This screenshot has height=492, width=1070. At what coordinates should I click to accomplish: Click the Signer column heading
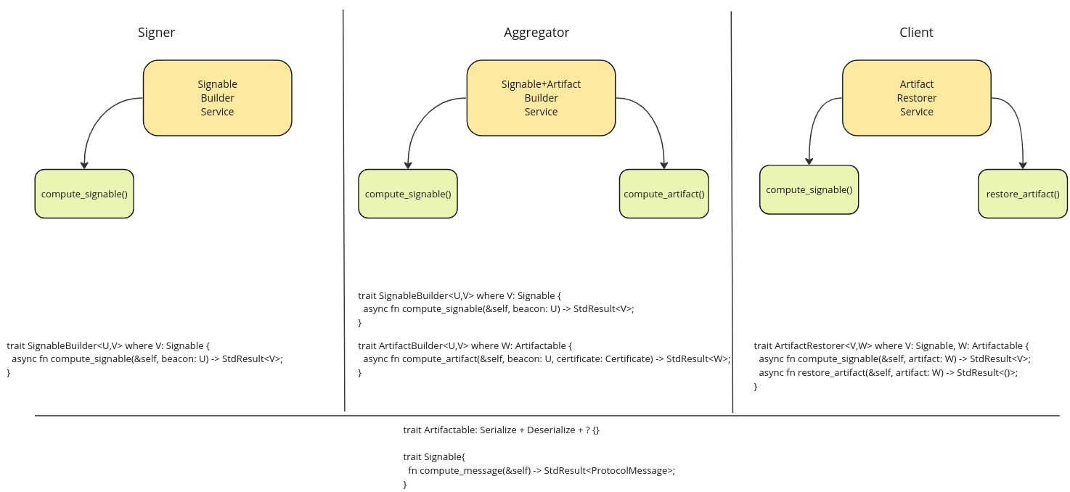[156, 33]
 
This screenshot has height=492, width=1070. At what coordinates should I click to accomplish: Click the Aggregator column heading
[536, 33]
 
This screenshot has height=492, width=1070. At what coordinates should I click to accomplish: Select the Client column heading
[916, 33]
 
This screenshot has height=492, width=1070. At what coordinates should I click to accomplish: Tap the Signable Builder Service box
[217, 97]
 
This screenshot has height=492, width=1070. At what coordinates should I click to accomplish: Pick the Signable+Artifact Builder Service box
[541, 97]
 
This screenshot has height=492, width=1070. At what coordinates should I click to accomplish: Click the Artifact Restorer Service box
[916, 97]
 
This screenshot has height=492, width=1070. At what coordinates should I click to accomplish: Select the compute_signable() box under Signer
[84, 194]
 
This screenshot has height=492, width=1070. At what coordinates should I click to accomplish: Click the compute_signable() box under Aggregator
[408, 194]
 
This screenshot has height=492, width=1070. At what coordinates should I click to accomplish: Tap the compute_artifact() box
[664, 194]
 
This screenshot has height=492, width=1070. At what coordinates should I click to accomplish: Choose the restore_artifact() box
[1023, 194]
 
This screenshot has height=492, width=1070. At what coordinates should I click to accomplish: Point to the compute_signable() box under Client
[809, 189]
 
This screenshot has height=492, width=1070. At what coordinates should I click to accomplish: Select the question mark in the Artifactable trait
[586, 430]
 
